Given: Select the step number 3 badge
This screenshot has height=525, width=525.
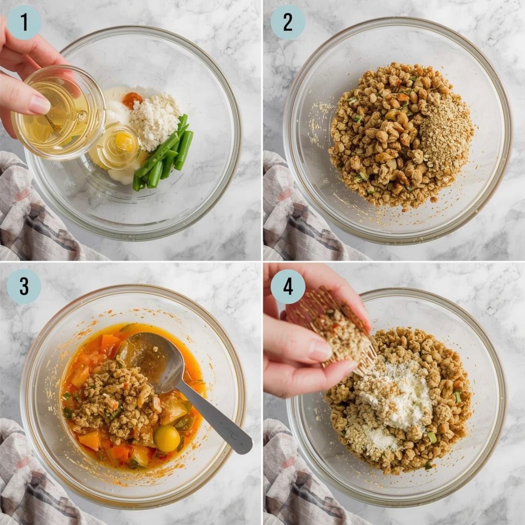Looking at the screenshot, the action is pyautogui.click(x=24, y=287).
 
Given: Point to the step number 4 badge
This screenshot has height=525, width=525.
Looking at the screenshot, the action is pyautogui.click(x=288, y=287).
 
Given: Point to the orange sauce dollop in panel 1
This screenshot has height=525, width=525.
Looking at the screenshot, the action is pyautogui.click(x=130, y=100).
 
